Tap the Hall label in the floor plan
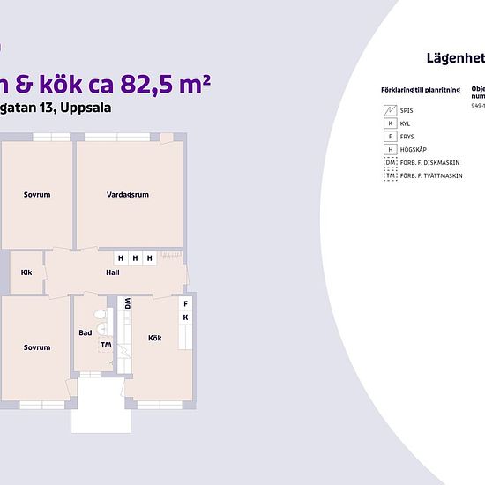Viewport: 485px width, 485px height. point(113,272)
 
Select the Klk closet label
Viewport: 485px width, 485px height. point(26,272)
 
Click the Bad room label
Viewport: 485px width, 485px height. point(85,332)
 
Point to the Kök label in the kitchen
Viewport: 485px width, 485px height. point(155,338)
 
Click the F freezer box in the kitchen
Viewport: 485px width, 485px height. point(186,302)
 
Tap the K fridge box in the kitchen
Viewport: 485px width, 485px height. point(186,317)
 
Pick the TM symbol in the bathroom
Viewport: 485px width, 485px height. point(106,345)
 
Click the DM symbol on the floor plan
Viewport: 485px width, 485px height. point(127,302)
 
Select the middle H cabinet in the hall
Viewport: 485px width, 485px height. point(135,258)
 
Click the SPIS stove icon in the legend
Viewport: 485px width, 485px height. point(390,110)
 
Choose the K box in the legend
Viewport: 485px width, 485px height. point(390,123)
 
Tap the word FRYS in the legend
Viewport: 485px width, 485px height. point(407,137)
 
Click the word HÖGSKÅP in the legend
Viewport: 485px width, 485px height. point(413,150)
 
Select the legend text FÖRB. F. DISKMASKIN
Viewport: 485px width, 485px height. point(431,162)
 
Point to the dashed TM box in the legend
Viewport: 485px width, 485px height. point(390,175)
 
